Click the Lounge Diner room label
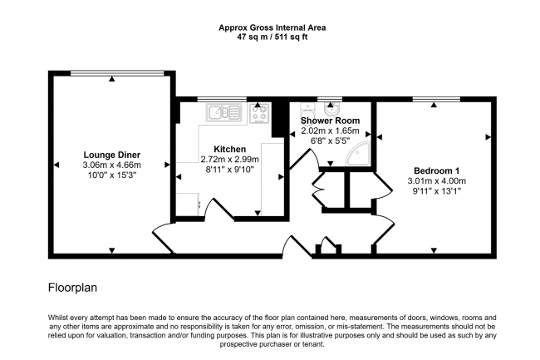[x=111, y=155]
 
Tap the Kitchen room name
[x=229, y=148]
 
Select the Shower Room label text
[x=329, y=121]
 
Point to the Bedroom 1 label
[x=435, y=170]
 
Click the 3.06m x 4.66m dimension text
[x=111, y=165]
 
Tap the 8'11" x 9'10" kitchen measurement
[x=229, y=170]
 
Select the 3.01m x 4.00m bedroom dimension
[x=435, y=180]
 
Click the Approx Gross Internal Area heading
[x=272, y=27]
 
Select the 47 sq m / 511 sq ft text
[x=272, y=37]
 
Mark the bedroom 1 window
[x=436, y=101]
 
